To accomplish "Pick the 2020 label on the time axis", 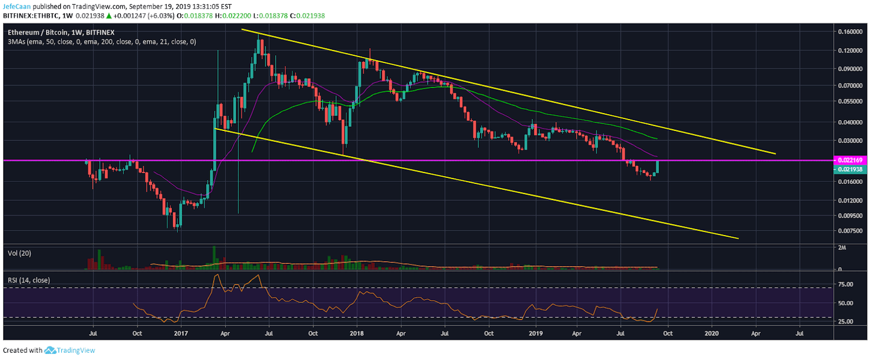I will coord(712,332).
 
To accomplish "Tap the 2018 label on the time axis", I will coord(357,332).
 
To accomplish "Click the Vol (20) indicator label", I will coord(19,254).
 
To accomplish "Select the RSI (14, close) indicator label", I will coord(28,280).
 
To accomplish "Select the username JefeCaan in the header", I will coord(17,5).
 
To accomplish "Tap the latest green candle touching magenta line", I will coord(657,166).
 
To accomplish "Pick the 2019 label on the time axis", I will coord(535,332).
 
